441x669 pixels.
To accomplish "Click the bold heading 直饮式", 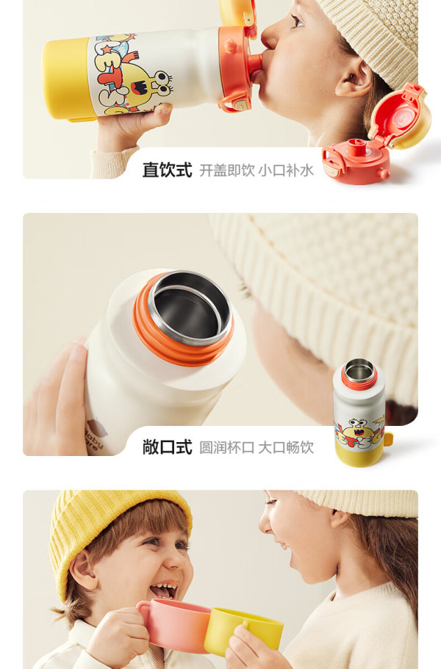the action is pyautogui.click(x=167, y=170).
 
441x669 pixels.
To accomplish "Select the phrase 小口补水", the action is pyautogui.click(x=286, y=170).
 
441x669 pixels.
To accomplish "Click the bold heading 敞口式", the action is pyautogui.click(x=167, y=447).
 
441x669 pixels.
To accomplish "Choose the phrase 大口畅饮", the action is pyautogui.click(x=286, y=447).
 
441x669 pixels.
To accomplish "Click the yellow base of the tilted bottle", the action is pyautogui.click(x=68, y=79).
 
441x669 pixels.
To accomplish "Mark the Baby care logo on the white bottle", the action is pyautogui.click(x=93, y=438).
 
